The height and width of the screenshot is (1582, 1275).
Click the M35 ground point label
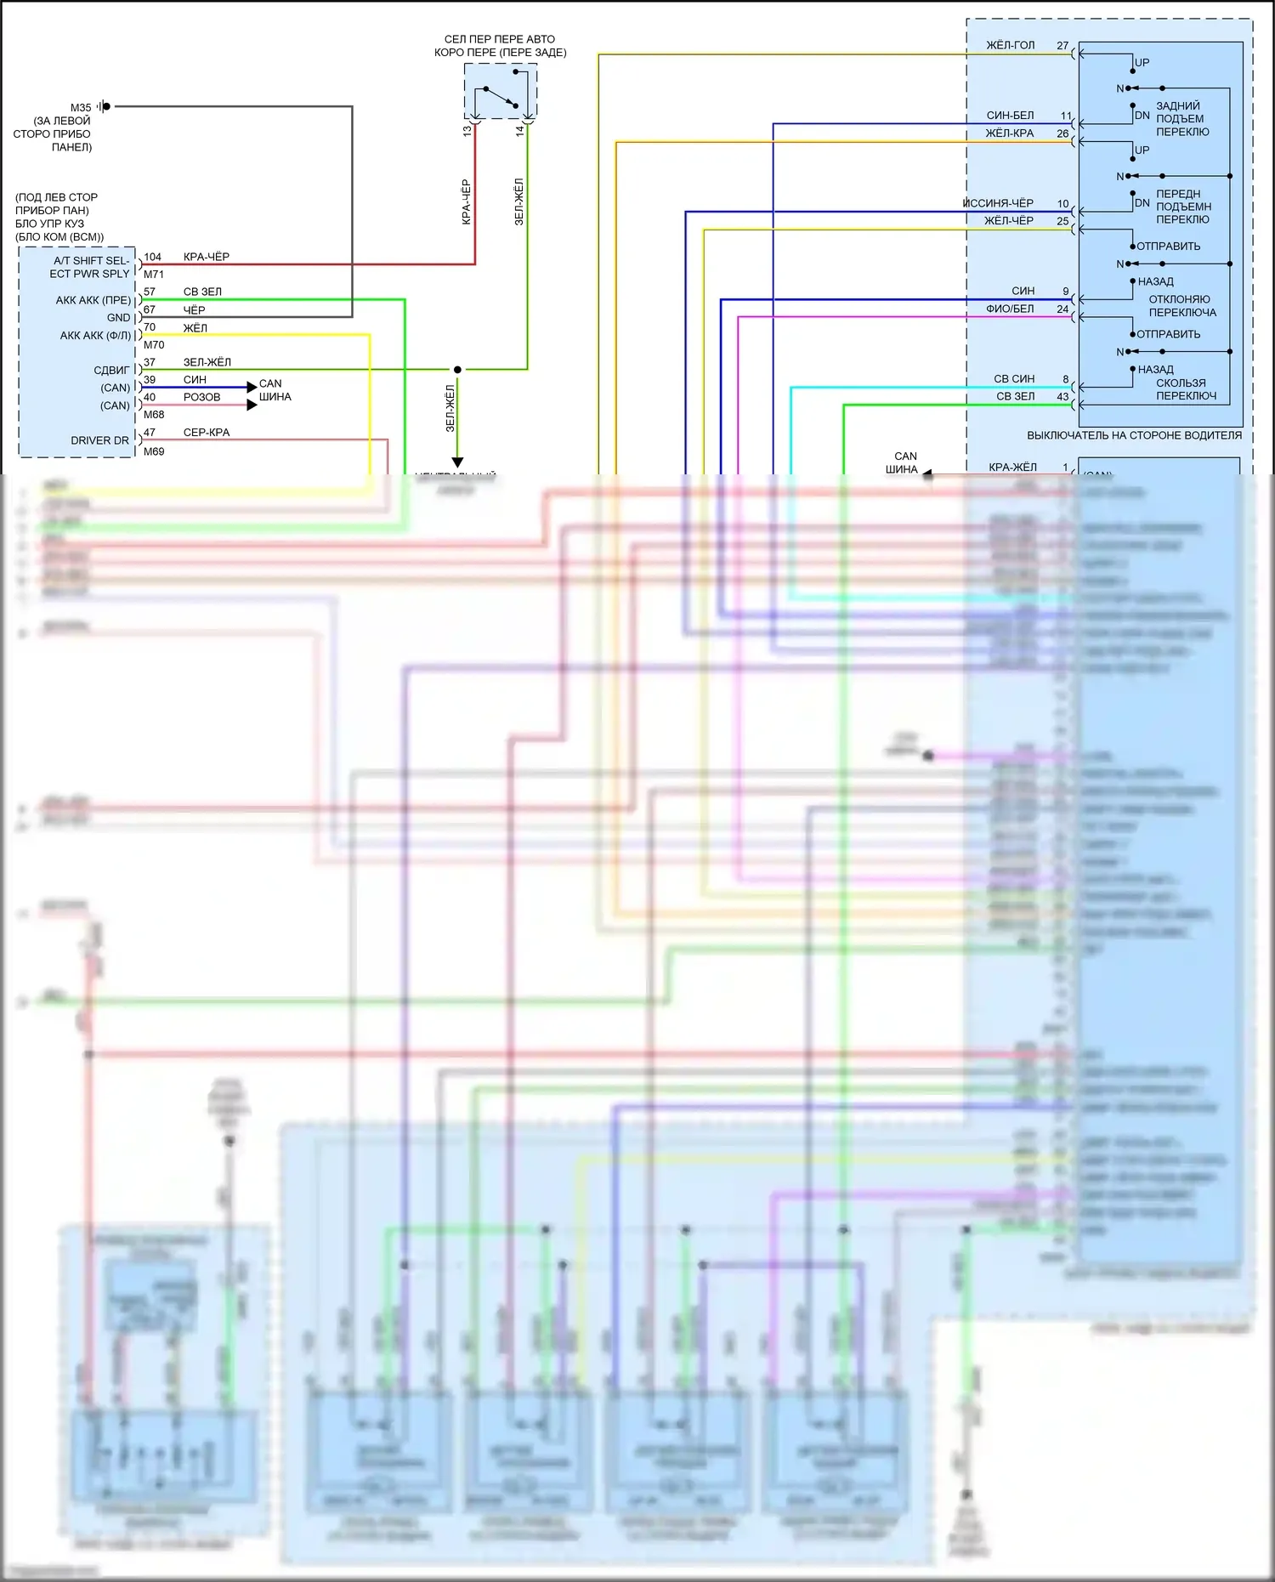pos(80,108)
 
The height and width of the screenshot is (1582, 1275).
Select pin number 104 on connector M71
pos(152,257)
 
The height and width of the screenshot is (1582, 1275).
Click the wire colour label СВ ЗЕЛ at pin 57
pos(202,292)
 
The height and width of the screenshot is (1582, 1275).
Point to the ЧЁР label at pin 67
pos(194,310)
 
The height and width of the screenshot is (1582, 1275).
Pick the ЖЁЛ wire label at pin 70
pos(195,328)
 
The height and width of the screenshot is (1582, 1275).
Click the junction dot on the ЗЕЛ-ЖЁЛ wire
pos(457,370)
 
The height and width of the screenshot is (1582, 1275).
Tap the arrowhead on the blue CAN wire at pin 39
pos(252,388)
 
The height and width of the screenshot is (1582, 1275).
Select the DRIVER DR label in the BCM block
pos(99,440)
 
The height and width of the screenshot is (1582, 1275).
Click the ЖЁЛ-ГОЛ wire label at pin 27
pos(1010,45)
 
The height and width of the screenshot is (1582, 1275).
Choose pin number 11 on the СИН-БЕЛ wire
pos(1066,116)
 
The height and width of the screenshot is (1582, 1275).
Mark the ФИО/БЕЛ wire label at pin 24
pos(1010,309)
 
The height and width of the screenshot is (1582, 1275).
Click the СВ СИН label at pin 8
pos(1014,379)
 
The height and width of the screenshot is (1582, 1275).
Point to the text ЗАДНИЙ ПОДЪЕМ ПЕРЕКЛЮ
pos(1181,119)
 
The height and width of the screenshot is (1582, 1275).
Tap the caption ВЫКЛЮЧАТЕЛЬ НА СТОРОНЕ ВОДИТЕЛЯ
pos(1134,435)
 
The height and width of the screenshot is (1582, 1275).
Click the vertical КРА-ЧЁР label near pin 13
pos(466,201)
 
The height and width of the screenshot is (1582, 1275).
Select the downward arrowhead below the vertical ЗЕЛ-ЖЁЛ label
pos(457,462)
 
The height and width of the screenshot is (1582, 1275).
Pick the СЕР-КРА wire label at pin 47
pos(207,433)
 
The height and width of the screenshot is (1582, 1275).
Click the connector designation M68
pos(154,415)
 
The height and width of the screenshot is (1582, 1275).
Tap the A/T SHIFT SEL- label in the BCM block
pos(91,260)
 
